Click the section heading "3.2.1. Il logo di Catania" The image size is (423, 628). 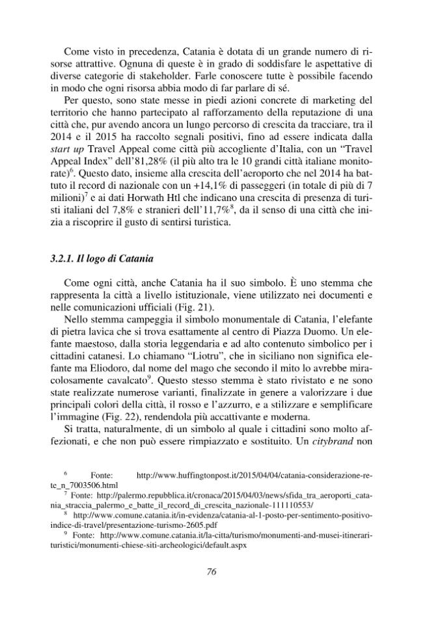[102, 258]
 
